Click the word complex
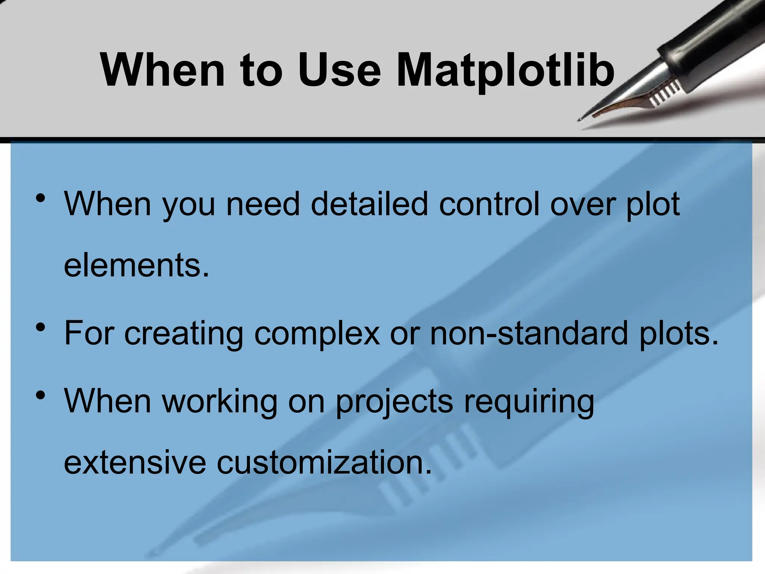[x=317, y=333]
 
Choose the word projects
[x=394, y=402]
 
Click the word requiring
[x=529, y=402]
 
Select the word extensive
[x=135, y=463]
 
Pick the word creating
[x=183, y=333]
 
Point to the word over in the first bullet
[x=582, y=204]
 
